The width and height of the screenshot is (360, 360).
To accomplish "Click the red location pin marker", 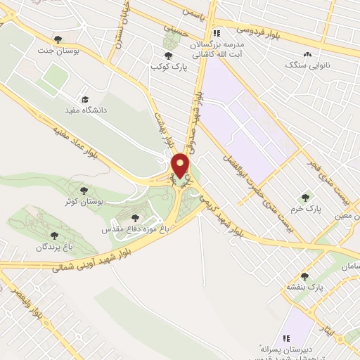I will (x=181, y=165).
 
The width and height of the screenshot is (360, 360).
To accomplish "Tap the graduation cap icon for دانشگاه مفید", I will (x=86, y=100).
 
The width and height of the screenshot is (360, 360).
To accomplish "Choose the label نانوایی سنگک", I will (x=307, y=65).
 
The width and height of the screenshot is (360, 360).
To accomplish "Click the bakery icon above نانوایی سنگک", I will (x=307, y=53).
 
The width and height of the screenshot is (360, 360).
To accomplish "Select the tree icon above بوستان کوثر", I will (x=84, y=190).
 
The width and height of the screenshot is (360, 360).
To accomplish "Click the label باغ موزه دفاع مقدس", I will (x=136, y=229).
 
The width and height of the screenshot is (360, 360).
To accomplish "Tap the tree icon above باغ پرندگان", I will (x=54, y=235).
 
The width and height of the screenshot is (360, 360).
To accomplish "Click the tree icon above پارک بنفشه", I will (x=304, y=276).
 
